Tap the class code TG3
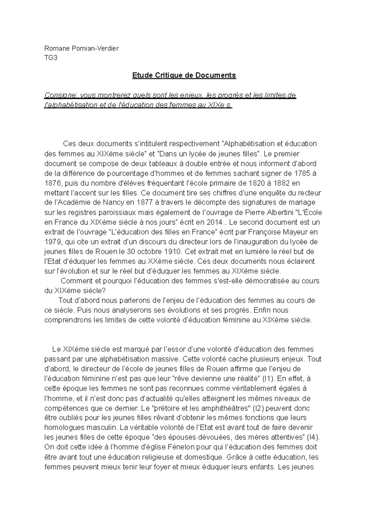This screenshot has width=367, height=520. (x=51, y=58)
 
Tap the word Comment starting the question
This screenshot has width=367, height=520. (x=76, y=281)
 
